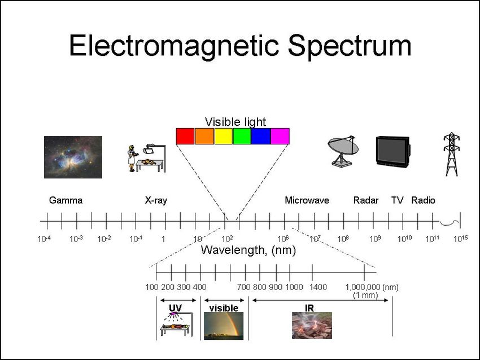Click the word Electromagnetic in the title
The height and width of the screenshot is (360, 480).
point(174,46)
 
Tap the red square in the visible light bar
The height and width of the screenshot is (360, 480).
point(185,136)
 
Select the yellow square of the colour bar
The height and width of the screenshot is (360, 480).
point(224,136)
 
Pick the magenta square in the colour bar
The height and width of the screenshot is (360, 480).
point(280,136)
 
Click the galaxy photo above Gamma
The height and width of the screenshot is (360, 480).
point(73,157)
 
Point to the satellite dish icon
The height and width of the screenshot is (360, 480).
point(343,151)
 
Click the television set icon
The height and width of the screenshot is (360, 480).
point(393,152)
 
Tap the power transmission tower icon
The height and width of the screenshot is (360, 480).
point(452,154)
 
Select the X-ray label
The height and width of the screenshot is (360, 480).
point(156,201)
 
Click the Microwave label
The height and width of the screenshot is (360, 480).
point(307,200)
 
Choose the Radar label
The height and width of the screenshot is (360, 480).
point(366,200)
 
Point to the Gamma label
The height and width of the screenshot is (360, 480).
point(66,200)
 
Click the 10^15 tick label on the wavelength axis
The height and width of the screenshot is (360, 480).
point(460,239)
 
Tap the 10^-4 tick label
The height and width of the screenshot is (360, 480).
point(44,239)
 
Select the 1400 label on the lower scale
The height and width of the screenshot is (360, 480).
point(318,287)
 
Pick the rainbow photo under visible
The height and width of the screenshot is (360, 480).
point(224,326)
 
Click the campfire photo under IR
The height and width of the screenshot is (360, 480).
point(312,326)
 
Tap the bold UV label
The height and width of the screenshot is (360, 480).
point(176,308)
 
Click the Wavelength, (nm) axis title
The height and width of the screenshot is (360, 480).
point(248,250)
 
